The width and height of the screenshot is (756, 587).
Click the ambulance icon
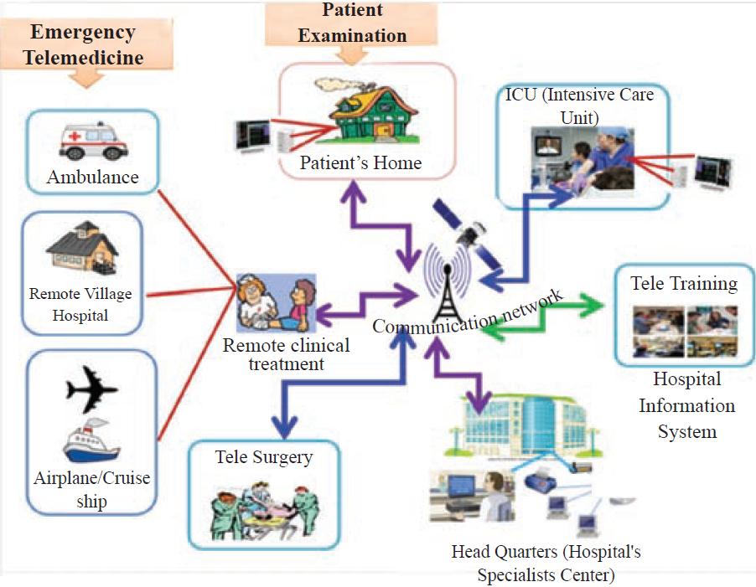point(92,140)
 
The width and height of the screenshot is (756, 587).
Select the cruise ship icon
point(92,442)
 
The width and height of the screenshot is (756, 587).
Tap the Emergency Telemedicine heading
point(83,45)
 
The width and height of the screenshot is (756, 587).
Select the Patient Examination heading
point(352,23)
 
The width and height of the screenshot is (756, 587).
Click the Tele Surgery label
point(263,457)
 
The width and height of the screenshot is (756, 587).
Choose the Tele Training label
point(684,283)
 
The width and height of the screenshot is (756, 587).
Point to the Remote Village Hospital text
point(80,305)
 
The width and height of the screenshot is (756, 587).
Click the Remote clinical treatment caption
point(287,355)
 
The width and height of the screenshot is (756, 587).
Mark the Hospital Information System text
point(686,405)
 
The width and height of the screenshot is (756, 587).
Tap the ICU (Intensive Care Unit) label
point(578,106)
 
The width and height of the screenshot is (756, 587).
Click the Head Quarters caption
point(546,564)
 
